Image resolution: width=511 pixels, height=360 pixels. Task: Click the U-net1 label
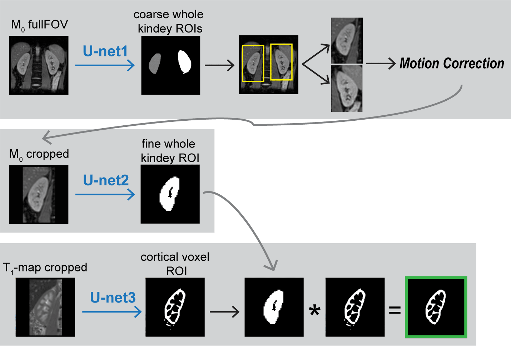pos(105,51)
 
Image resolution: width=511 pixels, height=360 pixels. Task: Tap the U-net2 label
pos(106,180)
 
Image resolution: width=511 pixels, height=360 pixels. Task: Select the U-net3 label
pos(113,297)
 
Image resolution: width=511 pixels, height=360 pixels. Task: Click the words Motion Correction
pos(452,64)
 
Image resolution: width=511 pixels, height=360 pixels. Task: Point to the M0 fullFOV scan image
pos(39,65)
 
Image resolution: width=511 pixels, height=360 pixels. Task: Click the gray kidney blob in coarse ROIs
pos(155,64)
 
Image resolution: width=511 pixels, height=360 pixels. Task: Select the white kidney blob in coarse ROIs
pos(184,62)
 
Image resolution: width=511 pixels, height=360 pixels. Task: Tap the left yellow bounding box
pos(253,63)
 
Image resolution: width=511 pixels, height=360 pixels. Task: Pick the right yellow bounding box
pos(281,62)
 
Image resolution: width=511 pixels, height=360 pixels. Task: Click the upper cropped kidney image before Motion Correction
pos(347,40)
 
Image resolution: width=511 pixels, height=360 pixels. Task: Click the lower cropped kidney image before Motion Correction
pos(347,88)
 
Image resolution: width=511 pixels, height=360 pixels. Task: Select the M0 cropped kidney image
pos(39,194)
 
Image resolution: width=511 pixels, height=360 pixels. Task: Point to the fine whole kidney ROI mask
pos(170,194)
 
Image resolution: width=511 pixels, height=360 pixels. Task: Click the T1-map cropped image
pos(45,307)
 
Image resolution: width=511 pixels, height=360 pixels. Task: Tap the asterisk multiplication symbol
pos(314,311)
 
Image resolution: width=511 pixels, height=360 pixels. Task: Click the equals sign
pos(395,310)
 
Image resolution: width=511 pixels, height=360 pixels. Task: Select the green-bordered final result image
pos(436,307)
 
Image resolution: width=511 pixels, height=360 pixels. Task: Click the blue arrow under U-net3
pos(112,312)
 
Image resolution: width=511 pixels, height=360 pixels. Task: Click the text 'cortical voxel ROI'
pos(175,264)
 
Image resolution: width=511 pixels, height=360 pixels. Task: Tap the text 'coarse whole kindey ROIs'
pos(169,21)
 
